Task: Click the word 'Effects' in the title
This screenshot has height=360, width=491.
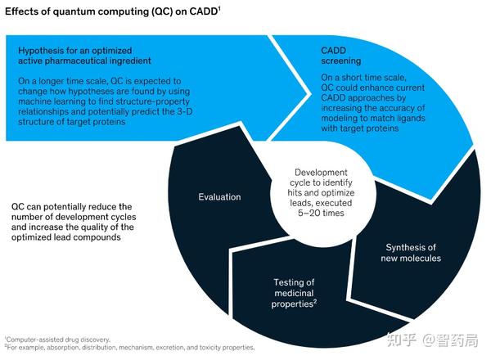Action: (x=25, y=11)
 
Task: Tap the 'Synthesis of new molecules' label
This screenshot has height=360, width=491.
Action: (x=412, y=253)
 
